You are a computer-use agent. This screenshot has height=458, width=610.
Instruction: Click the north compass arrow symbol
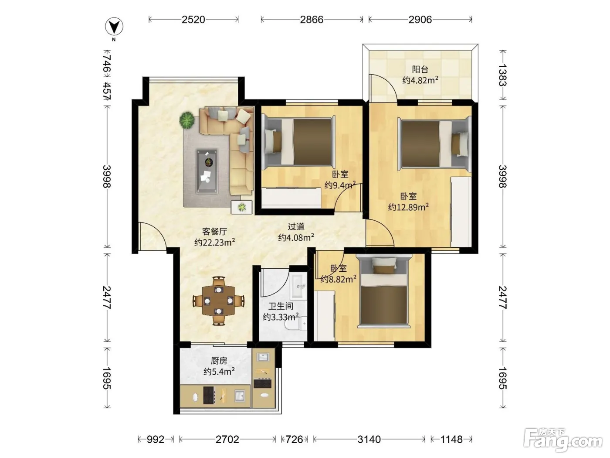pyautogui.click(x=114, y=27)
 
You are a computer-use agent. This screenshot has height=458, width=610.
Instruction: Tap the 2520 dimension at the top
pyautogui.click(x=193, y=20)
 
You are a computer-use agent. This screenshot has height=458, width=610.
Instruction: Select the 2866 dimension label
pyautogui.click(x=312, y=20)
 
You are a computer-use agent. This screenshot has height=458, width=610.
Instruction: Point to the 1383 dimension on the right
pyautogui.click(x=502, y=75)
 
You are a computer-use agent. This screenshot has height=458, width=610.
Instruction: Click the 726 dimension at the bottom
pyautogui.click(x=294, y=439)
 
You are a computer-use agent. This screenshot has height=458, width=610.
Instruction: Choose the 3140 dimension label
pyautogui.click(x=369, y=439)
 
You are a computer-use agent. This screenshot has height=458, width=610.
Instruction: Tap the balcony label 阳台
pyautogui.click(x=420, y=69)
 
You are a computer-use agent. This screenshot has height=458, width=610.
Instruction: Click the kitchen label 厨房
pyautogui.click(x=219, y=361)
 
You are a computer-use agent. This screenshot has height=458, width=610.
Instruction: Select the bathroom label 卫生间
pyautogui.click(x=281, y=307)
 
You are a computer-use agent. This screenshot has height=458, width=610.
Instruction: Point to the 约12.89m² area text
pyautogui.click(x=408, y=207)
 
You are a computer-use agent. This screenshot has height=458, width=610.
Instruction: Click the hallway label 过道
pyautogui.click(x=296, y=227)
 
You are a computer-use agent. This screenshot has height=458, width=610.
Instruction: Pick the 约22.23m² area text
pyautogui.click(x=214, y=242)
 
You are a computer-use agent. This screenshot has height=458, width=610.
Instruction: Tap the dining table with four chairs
pyautogui.click(x=219, y=301)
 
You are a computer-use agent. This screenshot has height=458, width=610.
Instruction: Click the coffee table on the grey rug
pyautogui.click(x=207, y=171)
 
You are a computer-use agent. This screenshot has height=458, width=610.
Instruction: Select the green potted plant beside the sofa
pyautogui.click(x=187, y=120)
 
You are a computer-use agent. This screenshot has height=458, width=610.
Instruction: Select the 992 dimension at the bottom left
pyautogui.click(x=156, y=439)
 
